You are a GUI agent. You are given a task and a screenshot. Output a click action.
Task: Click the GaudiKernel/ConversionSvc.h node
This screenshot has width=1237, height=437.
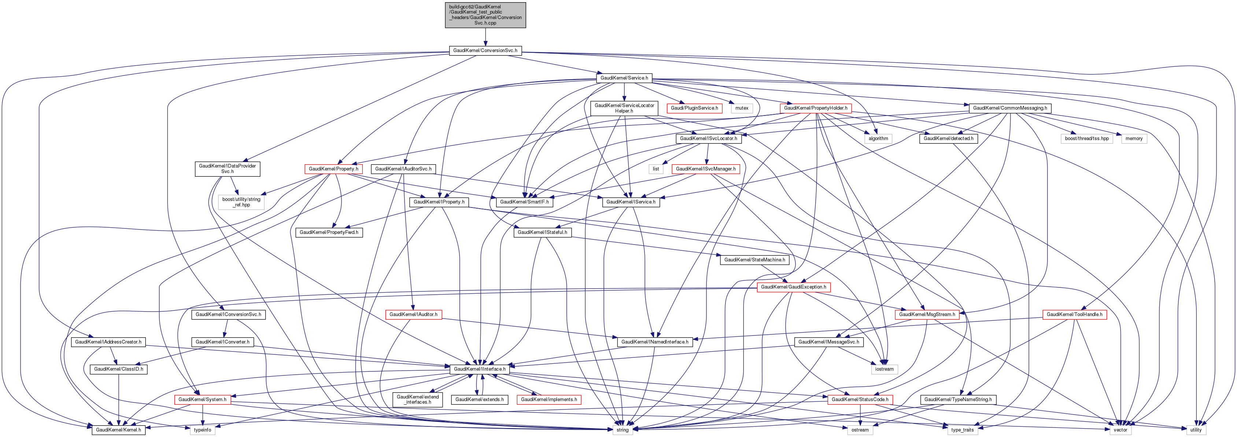pos(485,51)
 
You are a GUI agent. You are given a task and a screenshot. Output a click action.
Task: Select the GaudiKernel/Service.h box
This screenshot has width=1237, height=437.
pos(624,78)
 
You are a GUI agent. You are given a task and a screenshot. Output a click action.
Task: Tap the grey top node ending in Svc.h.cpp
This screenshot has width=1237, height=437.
pos(485,15)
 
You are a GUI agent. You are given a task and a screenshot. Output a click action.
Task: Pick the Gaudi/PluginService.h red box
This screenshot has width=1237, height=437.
pos(694,108)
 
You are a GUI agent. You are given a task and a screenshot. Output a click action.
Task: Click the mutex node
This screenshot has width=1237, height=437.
pos(742,108)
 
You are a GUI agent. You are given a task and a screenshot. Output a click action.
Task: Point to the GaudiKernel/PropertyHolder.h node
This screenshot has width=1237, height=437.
pos(815,108)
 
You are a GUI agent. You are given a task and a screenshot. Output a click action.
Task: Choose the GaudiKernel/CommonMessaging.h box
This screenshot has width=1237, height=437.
pos(1010,108)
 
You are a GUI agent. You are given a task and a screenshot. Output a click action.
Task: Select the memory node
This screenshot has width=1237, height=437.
pos(1134,138)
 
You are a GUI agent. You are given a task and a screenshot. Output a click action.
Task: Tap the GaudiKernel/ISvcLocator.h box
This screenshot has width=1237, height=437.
pos(708,138)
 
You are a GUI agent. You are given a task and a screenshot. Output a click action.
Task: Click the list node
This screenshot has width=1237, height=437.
pos(656,169)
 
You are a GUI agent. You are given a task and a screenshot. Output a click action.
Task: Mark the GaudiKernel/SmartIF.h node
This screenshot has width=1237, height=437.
pos(524,202)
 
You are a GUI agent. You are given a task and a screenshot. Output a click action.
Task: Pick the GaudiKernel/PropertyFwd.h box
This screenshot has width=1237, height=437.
pos(329,232)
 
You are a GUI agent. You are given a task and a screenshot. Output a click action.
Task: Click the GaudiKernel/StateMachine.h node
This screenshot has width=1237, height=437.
pos(754,260)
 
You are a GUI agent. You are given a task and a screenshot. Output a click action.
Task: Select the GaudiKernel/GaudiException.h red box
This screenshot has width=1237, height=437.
pos(793,287)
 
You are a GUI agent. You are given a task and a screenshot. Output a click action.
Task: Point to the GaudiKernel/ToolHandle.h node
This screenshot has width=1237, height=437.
pos(1074,315)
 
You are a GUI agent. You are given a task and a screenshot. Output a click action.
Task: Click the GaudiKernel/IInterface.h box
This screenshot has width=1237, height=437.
pos(479,369)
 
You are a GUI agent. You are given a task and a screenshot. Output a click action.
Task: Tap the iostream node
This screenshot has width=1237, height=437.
pos(884,369)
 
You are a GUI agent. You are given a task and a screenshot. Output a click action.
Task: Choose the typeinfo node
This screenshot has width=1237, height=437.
pos(202,430)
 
